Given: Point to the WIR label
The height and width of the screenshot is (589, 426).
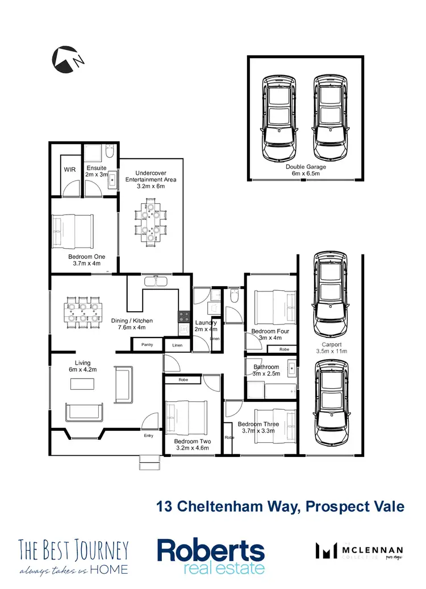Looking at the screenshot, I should [x=69, y=170].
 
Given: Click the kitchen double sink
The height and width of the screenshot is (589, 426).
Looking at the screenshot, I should [x=154, y=281].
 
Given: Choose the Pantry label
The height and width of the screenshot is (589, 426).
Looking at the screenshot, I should [x=147, y=344].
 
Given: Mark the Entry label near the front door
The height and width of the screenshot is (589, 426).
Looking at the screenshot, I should [x=148, y=436].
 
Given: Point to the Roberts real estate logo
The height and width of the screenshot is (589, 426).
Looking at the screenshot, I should [x=211, y=557].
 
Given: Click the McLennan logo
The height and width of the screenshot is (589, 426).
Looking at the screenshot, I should [x=359, y=551].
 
